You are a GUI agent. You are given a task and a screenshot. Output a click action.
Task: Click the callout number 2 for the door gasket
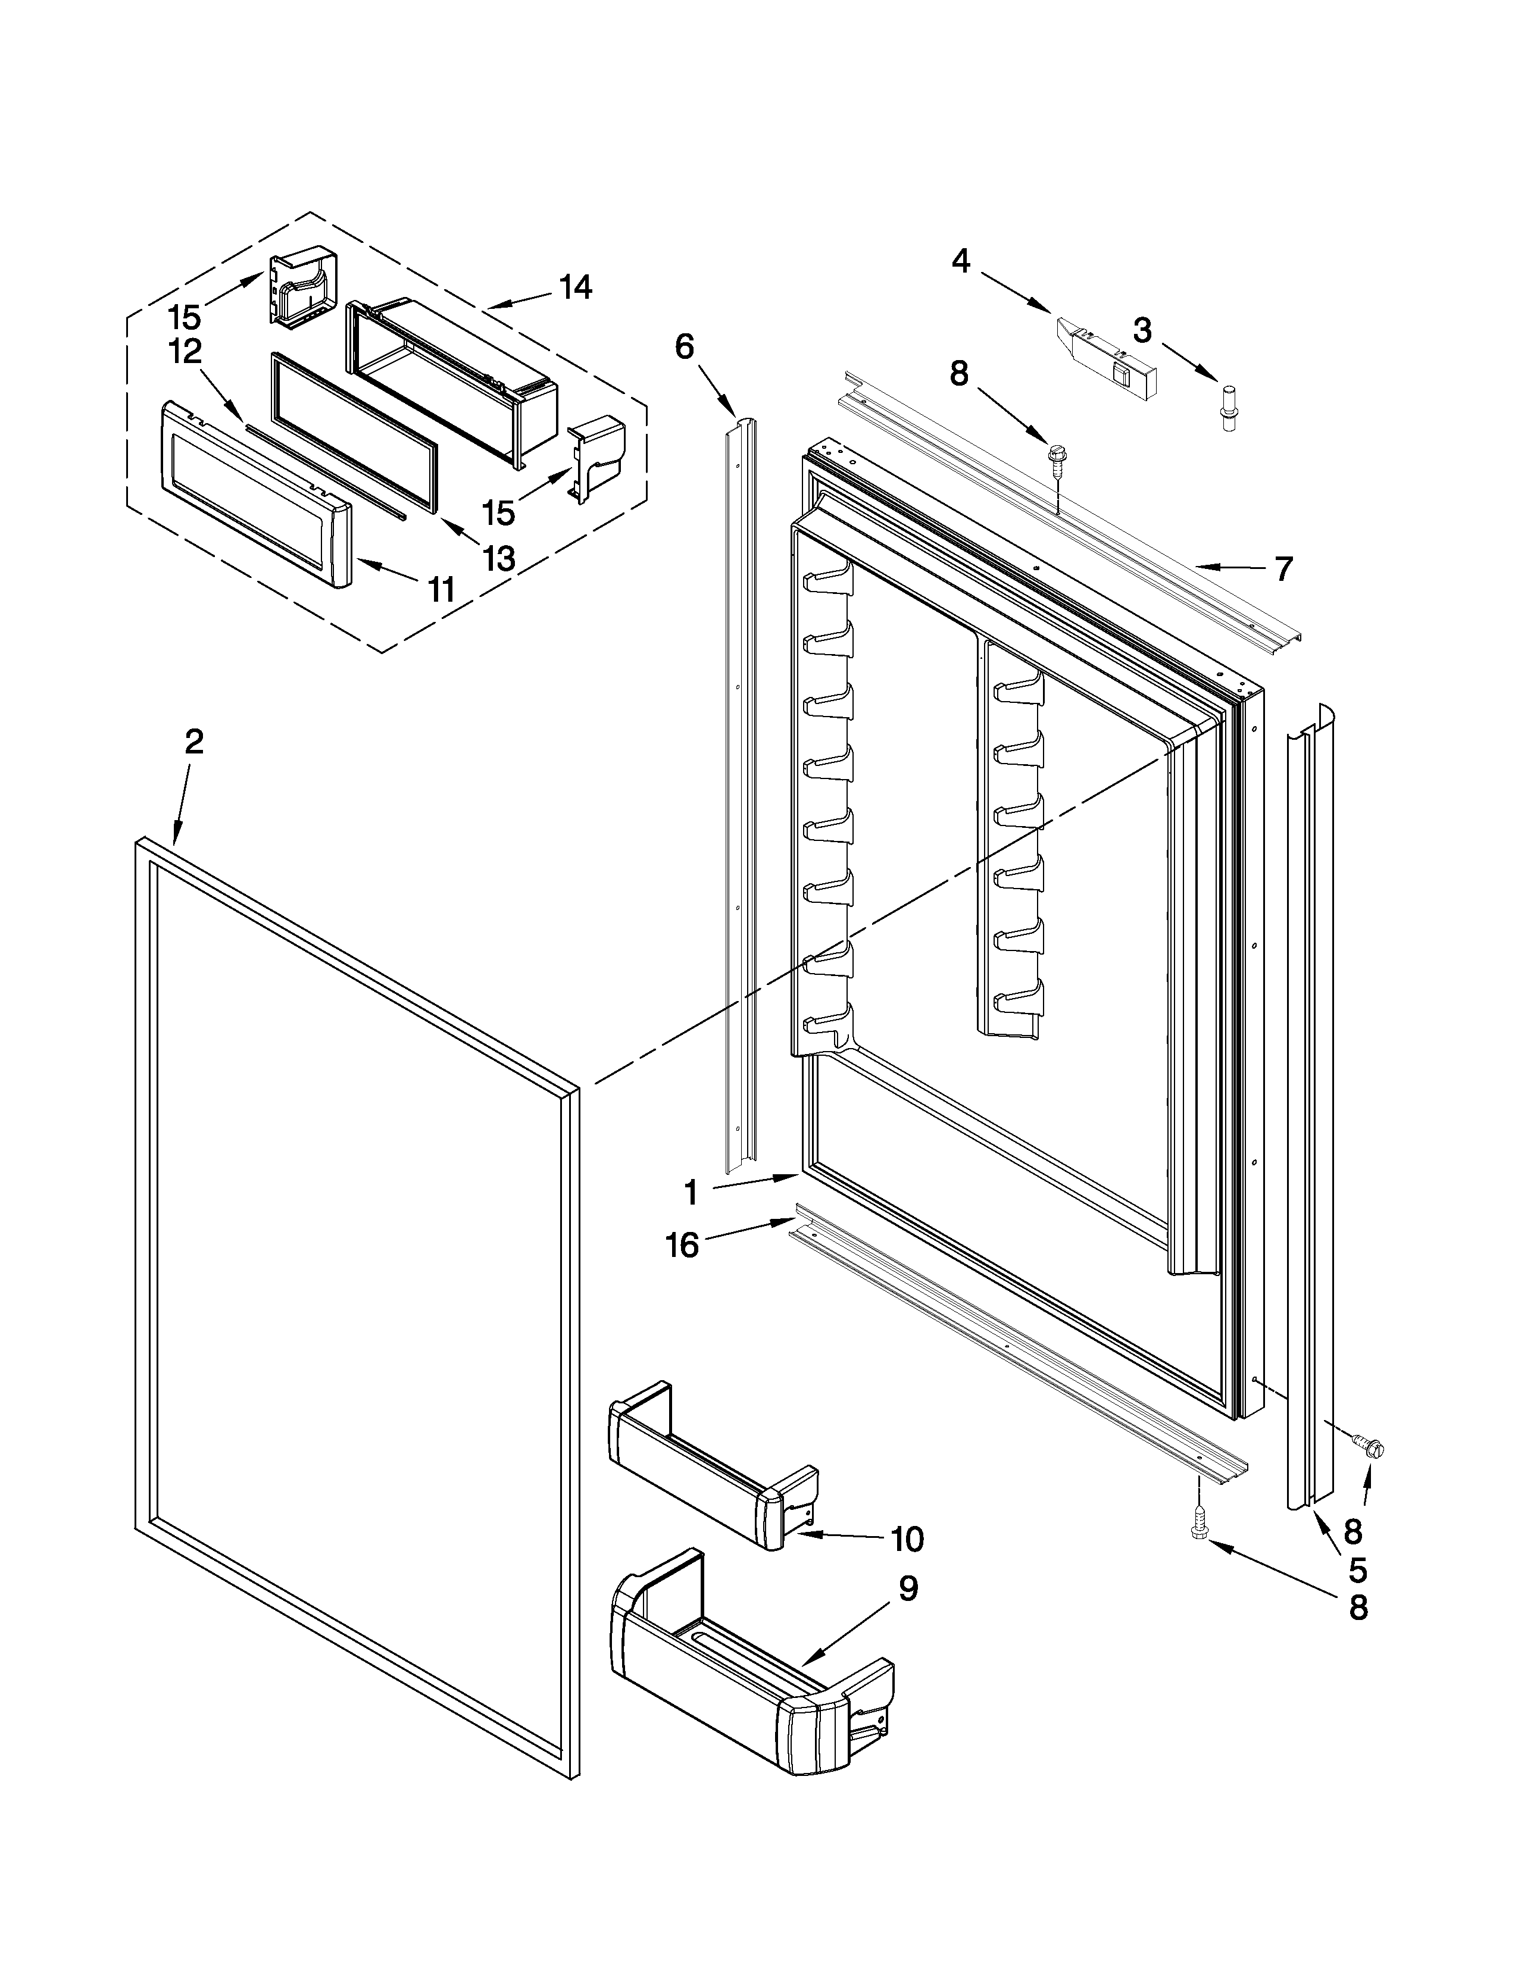(193, 742)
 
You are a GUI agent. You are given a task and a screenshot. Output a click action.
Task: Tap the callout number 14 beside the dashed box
(576, 288)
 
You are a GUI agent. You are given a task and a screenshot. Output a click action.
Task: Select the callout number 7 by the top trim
(1283, 568)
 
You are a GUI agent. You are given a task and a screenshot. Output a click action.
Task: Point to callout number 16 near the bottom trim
(683, 1246)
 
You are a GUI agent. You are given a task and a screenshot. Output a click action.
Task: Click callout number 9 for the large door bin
(908, 1589)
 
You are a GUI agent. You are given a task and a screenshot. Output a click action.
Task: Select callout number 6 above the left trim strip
(685, 346)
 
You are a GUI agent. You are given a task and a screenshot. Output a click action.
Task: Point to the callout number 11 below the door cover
(441, 590)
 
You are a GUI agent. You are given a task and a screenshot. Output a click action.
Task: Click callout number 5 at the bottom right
(1358, 1570)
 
